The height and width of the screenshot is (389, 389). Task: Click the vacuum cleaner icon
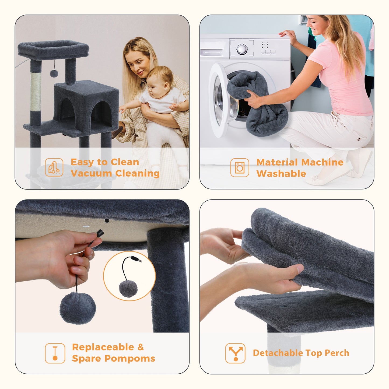click(x=54, y=167)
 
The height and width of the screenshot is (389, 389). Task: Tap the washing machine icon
click(x=240, y=168)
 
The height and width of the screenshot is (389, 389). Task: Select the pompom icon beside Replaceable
click(x=55, y=353)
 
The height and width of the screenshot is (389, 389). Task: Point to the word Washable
click(x=281, y=174)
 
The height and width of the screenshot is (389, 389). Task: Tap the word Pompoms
click(x=130, y=359)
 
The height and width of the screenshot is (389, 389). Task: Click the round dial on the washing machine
click(x=242, y=49)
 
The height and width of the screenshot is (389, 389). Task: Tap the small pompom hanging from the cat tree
click(x=54, y=73)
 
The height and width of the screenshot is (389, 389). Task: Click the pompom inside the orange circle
click(x=128, y=289)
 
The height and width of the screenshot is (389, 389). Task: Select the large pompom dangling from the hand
click(x=78, y=308)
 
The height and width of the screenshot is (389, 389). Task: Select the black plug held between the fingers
click(x=99, y=233)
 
